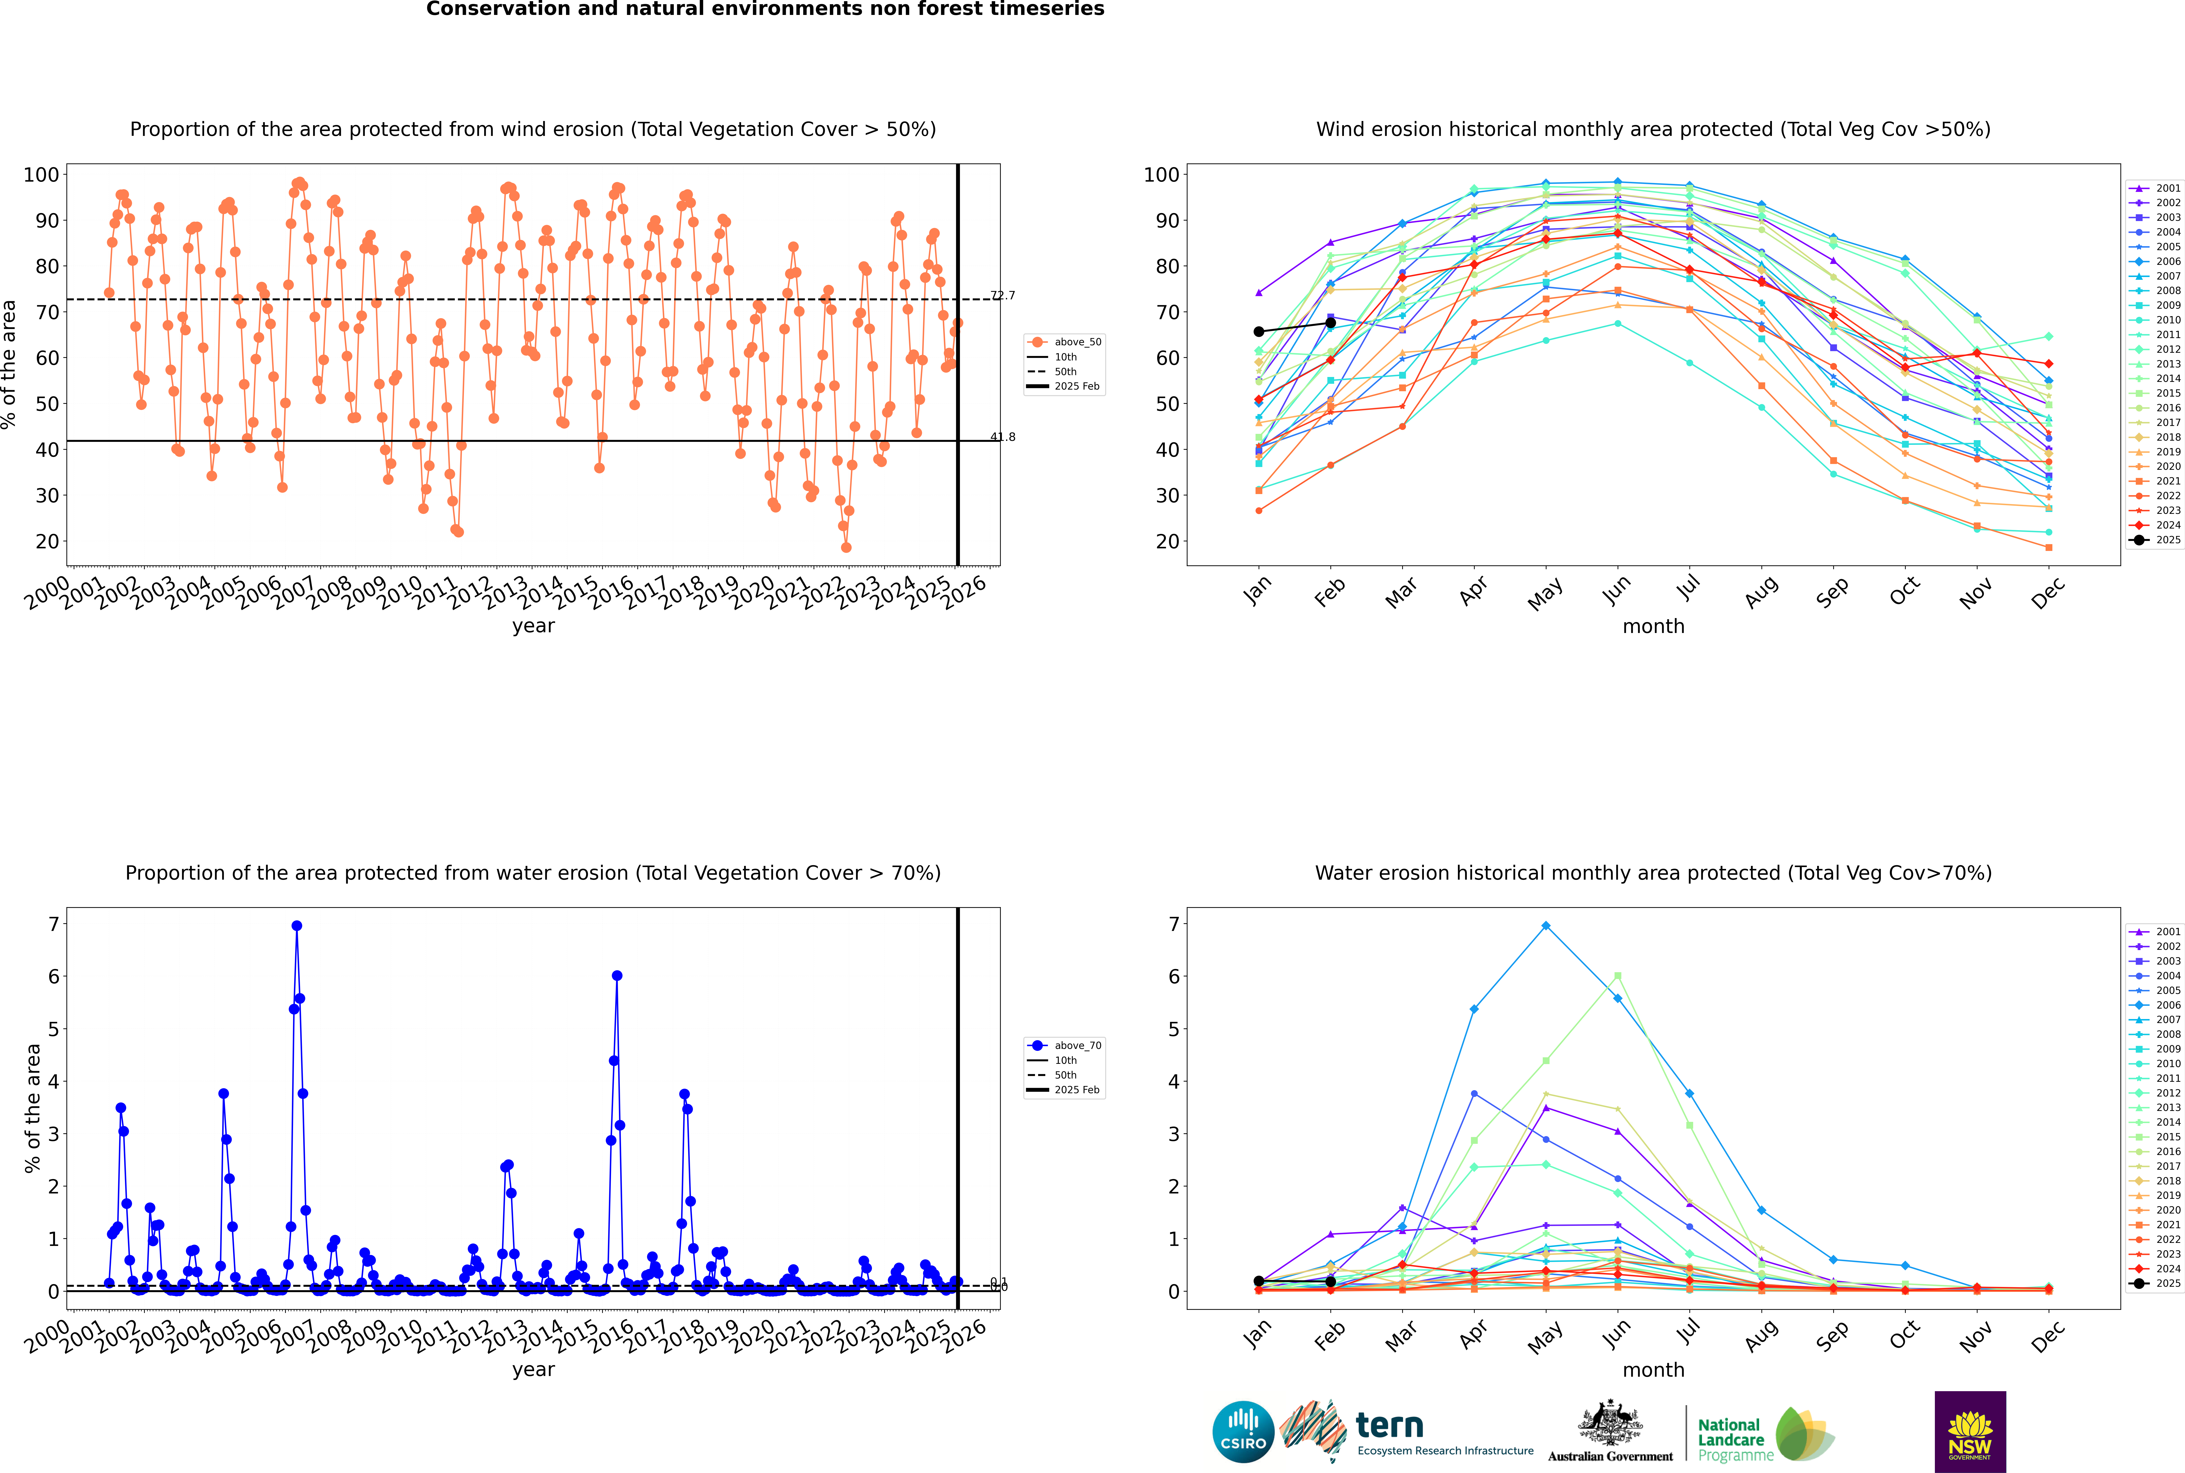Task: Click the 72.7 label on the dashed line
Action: pos(1002,296)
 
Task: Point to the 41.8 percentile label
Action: pos(1002,437)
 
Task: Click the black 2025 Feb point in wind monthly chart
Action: pos(1330,323)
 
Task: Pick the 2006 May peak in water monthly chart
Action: pos(1545,926)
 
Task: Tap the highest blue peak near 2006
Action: pos(297,926)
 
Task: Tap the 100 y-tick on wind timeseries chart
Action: pos(41,175)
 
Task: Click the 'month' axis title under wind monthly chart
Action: pos(1653,627)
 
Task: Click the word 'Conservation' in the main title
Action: pos(498,9)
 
